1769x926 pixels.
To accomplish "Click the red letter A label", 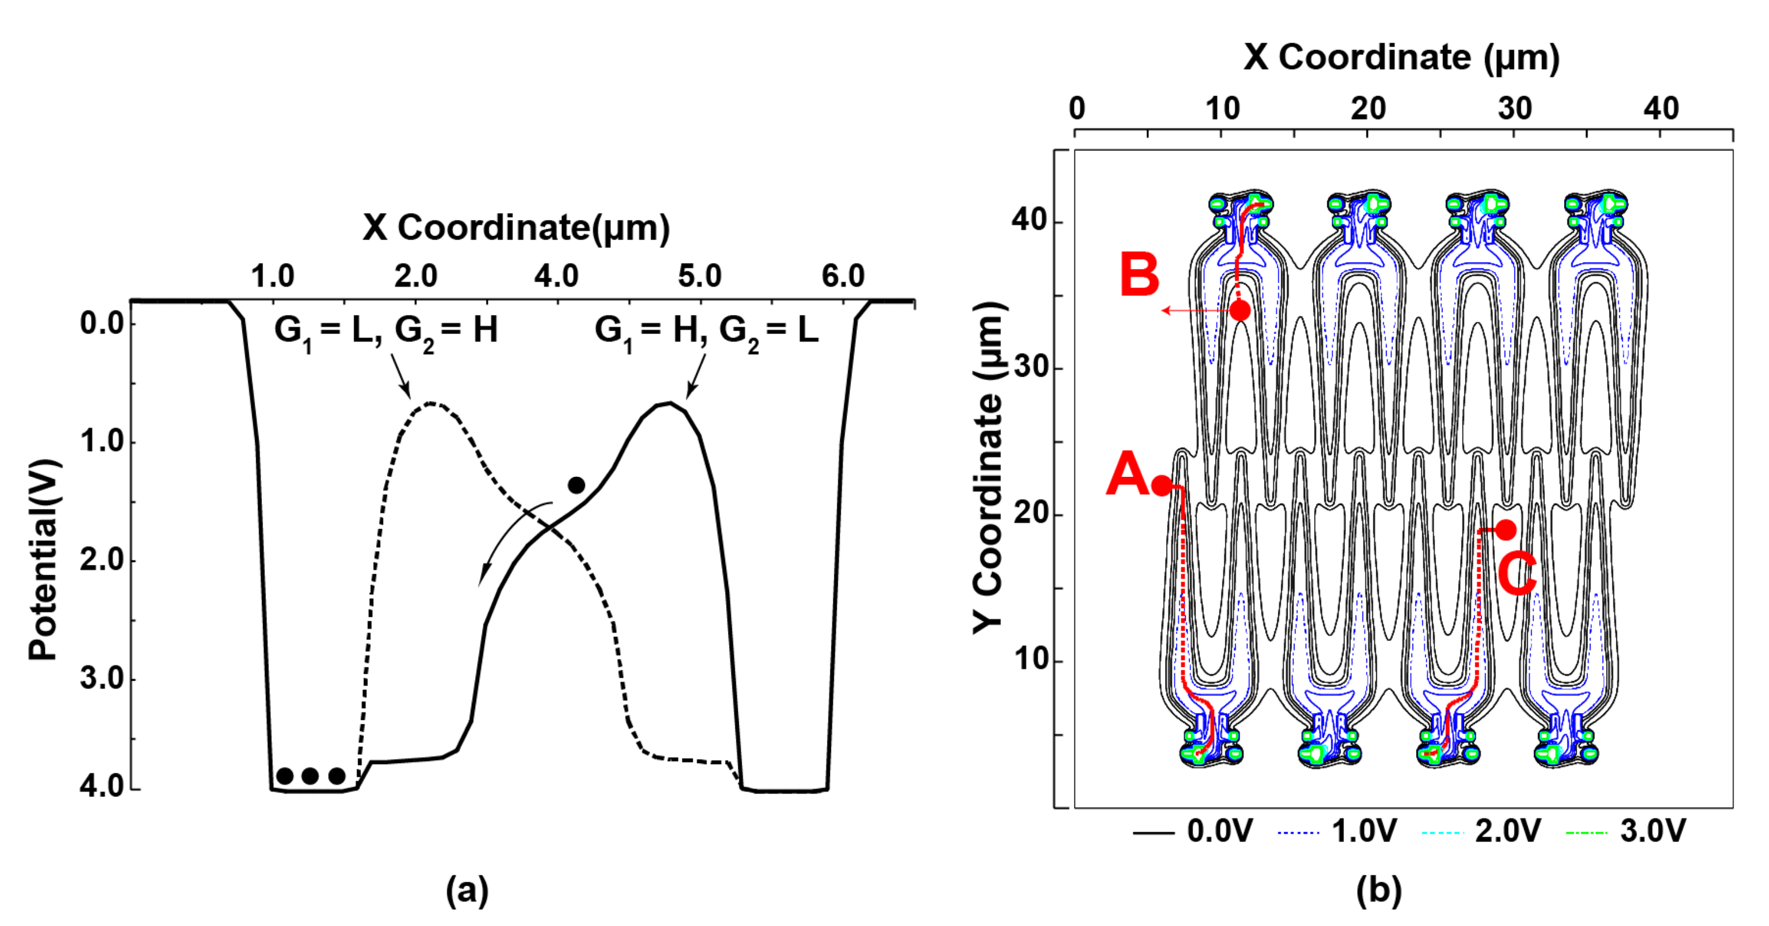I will [1126, 473].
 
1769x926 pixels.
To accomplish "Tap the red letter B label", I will [1139, 275].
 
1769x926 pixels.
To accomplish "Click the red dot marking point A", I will [1161, 485].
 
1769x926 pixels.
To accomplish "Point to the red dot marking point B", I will [1240, 310].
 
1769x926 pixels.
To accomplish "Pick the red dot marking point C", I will [1505, 530].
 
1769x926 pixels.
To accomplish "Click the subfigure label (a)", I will [468, 891].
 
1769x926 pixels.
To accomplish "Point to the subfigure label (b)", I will [1379, 891].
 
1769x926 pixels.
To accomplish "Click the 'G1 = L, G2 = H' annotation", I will [386, 331].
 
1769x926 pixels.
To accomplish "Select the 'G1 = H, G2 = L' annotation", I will [707, 331].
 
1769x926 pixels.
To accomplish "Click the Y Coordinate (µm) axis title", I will [989, 467].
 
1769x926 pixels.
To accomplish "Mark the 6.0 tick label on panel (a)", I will [842, 276].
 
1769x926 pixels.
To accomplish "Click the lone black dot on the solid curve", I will [576, 485].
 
